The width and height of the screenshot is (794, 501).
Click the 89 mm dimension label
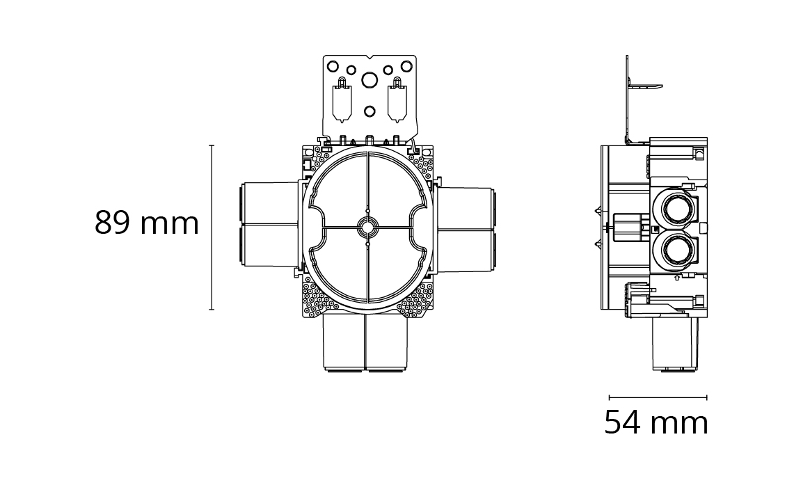pos(147,223)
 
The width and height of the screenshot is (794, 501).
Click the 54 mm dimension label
pos(656,422)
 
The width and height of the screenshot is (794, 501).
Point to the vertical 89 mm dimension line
pos(212,227)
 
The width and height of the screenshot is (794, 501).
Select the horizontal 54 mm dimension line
pos(658,397)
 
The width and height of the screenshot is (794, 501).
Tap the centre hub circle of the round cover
pos(368,228)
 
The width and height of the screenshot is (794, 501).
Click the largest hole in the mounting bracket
pos(369,80)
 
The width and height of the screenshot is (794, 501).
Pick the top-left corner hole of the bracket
pos(333,66)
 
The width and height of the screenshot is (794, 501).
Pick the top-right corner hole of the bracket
pos(406,66)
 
